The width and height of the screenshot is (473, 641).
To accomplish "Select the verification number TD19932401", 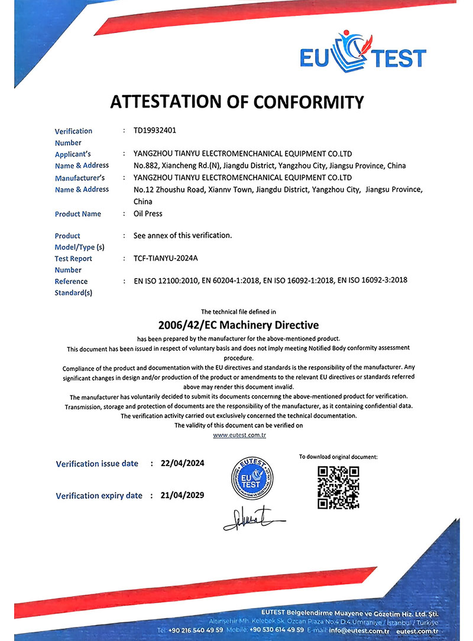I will point(155,130).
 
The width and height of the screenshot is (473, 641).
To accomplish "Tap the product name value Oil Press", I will point(148,213).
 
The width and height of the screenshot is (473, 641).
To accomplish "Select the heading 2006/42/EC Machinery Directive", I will point(238,325).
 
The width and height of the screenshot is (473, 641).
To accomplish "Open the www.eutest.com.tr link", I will point(239,435).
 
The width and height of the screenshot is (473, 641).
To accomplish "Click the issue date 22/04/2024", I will point(182,463).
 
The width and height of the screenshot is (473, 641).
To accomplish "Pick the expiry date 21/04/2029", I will point(182,495).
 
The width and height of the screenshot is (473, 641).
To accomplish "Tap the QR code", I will point(338,487).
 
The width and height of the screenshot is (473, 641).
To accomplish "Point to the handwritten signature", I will point(251,518).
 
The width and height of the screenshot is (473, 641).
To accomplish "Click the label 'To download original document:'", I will point(338,457).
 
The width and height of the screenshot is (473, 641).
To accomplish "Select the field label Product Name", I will point(77,214).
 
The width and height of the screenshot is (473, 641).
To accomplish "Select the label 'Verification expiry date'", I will point(99,496).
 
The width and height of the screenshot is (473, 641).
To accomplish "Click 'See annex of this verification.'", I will point(183,235).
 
